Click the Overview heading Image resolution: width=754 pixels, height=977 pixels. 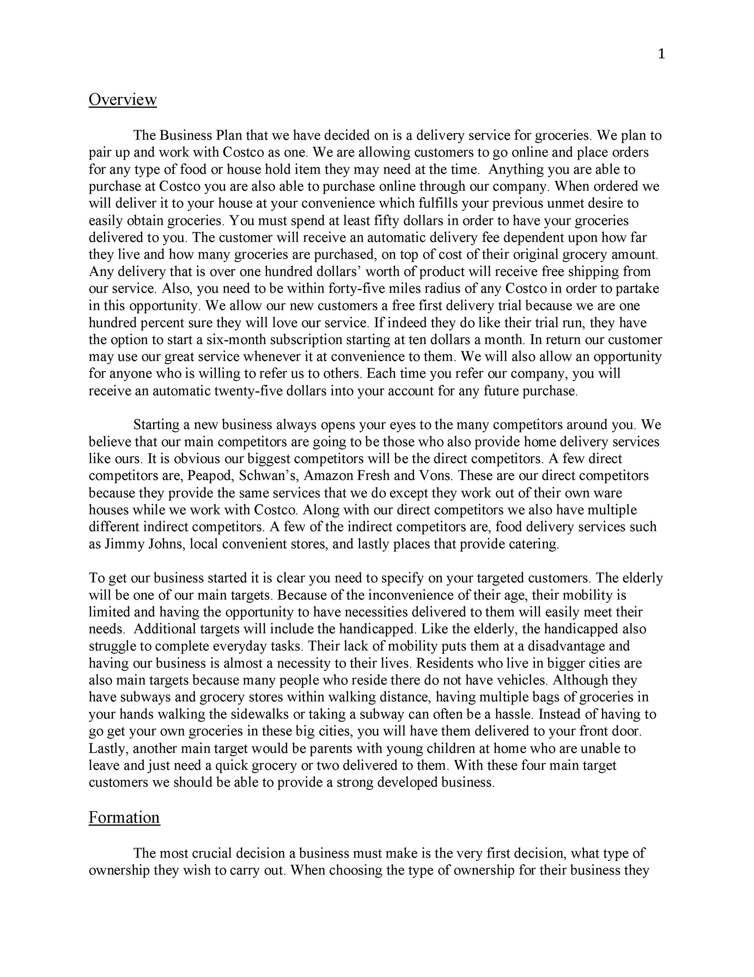pos(123,99)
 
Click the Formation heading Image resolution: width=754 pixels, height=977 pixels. pos(124,817)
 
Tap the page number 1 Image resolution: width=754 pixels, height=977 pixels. pos(661,54)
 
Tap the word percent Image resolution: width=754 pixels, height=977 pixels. pos(153,322)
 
